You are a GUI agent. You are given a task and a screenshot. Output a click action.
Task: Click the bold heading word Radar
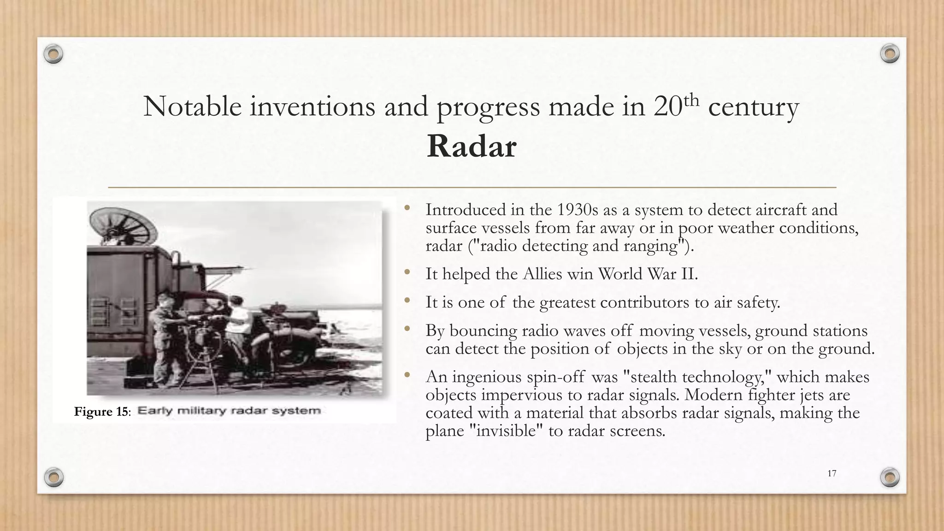tap(471, 147)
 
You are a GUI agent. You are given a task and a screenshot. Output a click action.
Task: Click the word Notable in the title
tap(192, 106)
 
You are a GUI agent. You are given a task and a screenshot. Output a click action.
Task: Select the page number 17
tap(832, 473)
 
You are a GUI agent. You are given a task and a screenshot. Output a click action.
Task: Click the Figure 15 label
tap(102, 412)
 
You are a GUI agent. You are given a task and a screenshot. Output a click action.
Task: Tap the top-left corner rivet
tap(53, 54)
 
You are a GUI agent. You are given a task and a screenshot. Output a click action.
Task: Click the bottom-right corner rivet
tap(890, 477)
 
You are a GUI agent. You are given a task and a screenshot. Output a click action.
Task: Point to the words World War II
tap(648, 274)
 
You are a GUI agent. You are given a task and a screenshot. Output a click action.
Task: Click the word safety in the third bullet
tap(756, 303)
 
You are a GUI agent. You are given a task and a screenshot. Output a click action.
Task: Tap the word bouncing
tap(480, 331)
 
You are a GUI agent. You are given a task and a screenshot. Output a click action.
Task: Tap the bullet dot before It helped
tap(407, 273)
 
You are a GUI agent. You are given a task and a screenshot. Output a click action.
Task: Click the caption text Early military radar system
tap(229, 411)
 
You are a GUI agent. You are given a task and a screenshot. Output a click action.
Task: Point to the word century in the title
tap(753, 107)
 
